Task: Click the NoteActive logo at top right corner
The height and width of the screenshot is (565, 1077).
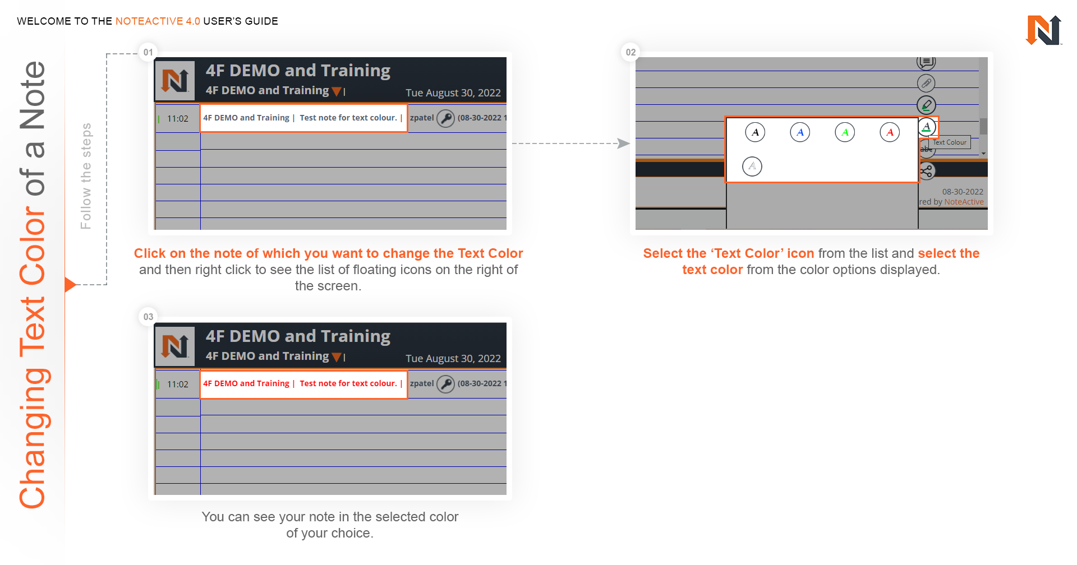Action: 1043,30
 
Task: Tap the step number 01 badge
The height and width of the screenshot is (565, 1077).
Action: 148,52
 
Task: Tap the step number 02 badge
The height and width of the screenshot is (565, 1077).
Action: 630,52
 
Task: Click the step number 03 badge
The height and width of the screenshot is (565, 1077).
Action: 148,317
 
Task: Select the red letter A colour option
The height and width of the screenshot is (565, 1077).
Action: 890,132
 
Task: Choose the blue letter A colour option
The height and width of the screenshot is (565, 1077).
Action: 800,132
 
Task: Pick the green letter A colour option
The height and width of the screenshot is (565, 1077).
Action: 845,132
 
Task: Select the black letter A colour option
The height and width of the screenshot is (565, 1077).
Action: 755,132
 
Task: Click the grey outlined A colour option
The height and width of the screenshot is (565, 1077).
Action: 752,166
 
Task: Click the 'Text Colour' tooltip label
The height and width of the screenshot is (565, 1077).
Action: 950,142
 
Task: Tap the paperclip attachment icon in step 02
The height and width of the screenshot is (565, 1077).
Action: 926,84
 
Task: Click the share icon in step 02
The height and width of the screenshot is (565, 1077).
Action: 926,171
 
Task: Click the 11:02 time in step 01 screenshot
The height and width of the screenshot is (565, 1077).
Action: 178,119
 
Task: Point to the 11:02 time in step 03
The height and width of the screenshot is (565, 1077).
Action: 178,385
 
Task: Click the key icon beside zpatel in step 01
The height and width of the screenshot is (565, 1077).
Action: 445,118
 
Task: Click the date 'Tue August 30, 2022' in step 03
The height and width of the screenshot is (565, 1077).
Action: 453,359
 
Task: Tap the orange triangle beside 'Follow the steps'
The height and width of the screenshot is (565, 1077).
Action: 70,285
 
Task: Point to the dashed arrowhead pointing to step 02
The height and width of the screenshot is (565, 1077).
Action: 623,143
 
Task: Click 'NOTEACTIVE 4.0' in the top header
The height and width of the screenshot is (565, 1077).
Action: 158,21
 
